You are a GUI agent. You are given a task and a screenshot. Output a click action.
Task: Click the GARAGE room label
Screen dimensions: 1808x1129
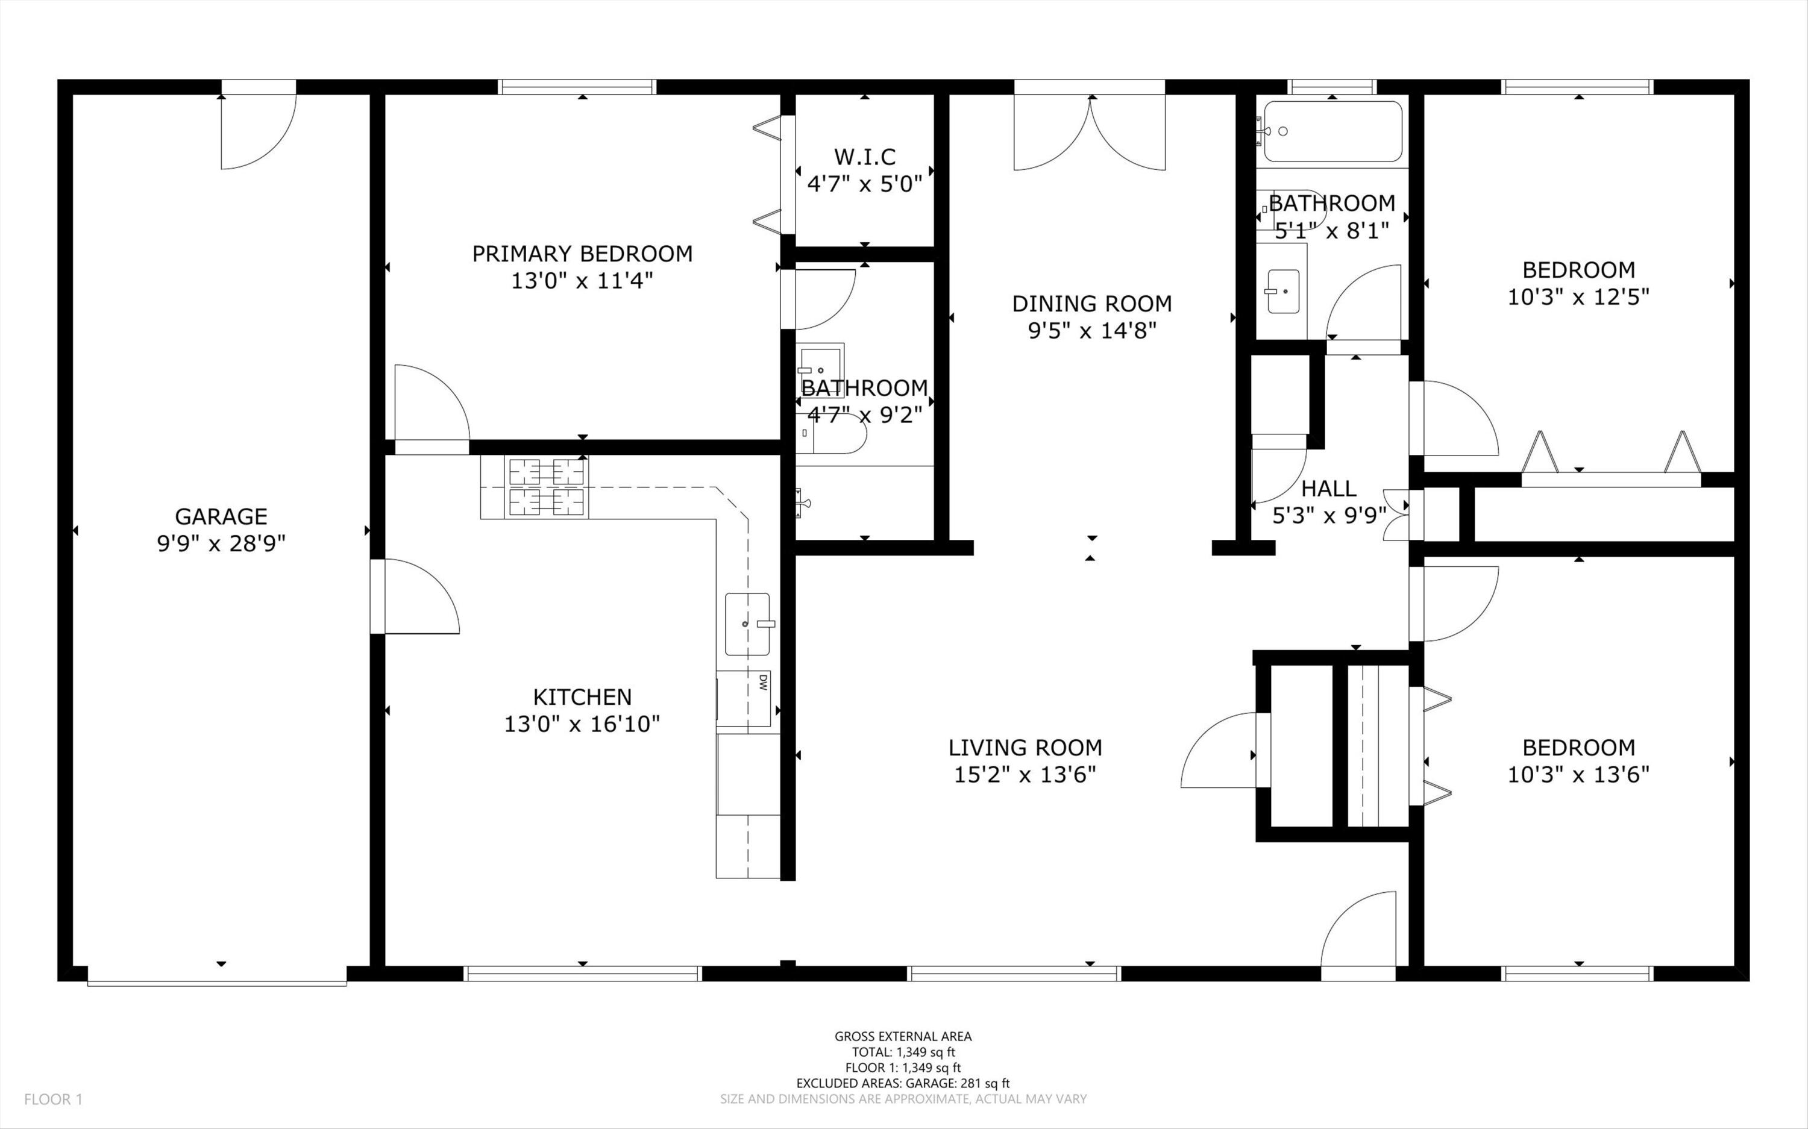coord(221,516)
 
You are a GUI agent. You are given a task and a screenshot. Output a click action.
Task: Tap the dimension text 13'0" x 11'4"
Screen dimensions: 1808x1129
coord(583,281)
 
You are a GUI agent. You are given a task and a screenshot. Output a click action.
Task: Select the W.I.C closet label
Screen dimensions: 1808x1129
coord(865,157)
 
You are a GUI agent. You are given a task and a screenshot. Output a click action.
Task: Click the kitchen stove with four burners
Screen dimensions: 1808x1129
coord(547,487)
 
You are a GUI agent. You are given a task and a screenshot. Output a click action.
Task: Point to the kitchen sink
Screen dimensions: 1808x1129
coord(747,624)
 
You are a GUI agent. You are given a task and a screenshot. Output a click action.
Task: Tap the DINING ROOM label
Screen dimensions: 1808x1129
coord(1092,303)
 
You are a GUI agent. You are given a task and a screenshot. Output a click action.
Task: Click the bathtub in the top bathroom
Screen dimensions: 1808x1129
coord(1333,131)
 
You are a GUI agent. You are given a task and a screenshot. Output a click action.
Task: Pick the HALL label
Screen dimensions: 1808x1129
coord(1329,489)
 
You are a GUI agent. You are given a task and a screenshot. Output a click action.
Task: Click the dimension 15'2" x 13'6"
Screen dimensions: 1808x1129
coord(1025,774)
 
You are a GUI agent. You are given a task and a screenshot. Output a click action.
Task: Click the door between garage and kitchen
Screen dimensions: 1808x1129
coord(415,596)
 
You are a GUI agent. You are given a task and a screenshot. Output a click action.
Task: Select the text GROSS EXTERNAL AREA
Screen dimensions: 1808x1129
coord(903,1036)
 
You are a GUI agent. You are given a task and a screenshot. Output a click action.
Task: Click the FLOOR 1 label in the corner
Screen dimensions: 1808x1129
coord(53,1099)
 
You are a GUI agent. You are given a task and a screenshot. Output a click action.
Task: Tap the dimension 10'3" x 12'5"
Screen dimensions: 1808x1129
coord(1579,296)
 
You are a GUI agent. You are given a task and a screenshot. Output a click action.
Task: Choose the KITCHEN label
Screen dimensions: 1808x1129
coord(583,696)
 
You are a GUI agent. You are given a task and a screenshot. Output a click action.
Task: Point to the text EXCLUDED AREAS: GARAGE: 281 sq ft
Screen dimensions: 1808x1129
coord(903,1083)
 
